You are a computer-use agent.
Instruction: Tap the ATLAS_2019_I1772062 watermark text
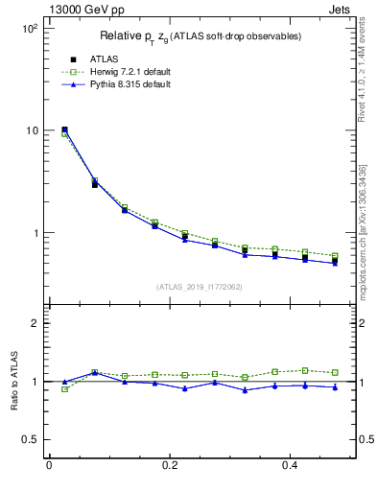pyautogui.click(x=200, y=286)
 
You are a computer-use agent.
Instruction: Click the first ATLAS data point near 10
pyautogui.click(x=64, y=129)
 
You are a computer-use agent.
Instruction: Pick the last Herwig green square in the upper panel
pyautogui.click(x=334, y=256)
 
